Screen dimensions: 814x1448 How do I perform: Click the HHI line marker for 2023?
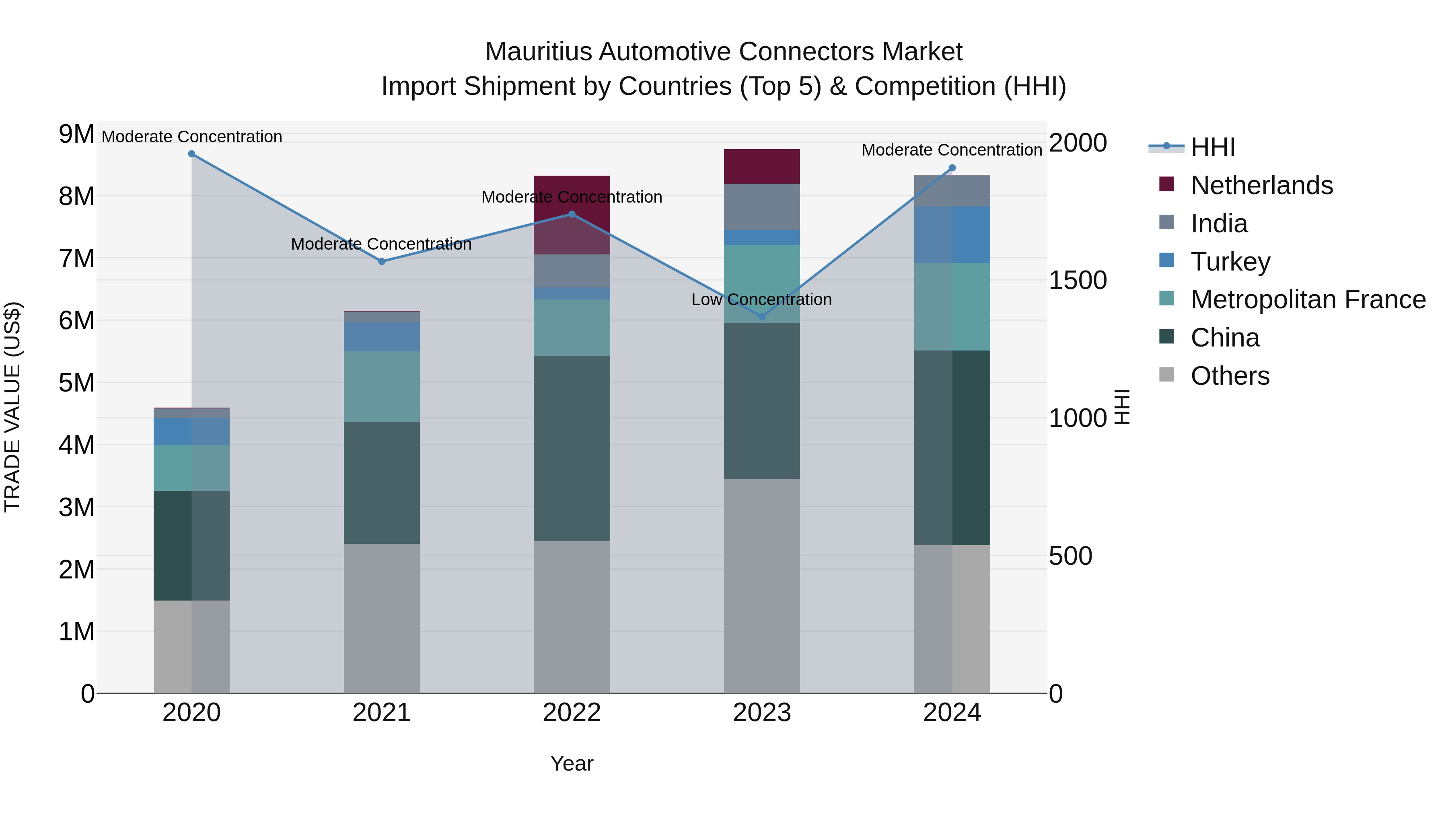(x=762, y=317)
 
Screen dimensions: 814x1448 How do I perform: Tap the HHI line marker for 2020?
(x=192, y=154)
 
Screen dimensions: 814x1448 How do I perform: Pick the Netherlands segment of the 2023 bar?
(x=762, y=166)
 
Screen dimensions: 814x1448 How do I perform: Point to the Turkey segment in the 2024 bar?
(x=952, y=234)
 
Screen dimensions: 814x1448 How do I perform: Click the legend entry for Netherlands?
(x=1261, y=185)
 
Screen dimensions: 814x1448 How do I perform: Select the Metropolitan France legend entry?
(x=1308, y=299)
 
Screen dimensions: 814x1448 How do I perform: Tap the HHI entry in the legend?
(x=1212, y=147)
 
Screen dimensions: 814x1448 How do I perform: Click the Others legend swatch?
(x=1166, y=375)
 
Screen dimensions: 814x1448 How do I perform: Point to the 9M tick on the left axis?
(x=76, y=134)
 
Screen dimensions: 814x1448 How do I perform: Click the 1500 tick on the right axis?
(x=1078, y=280)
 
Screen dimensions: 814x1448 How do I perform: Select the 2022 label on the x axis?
(x=572, y=713)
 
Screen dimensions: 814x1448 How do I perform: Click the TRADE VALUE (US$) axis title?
(x=12, y=407)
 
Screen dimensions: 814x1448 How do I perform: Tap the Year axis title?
(x=572, y=763)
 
